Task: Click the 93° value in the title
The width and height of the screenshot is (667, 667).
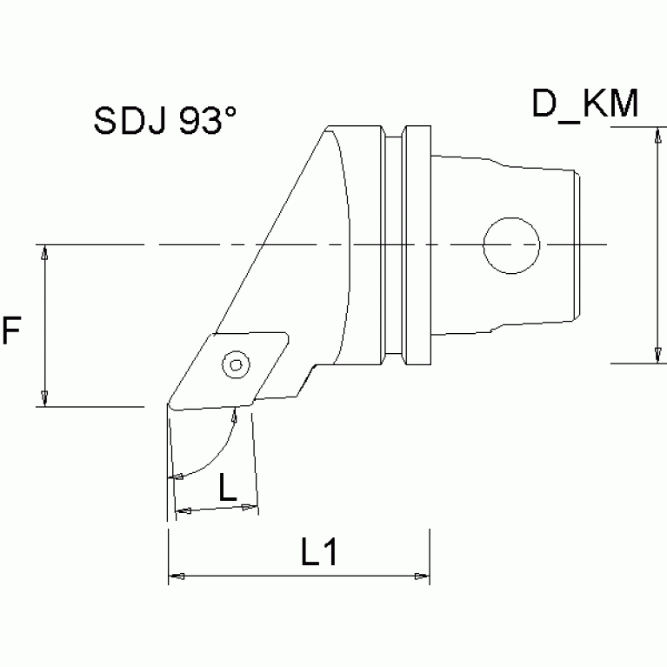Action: [x=208, y=122]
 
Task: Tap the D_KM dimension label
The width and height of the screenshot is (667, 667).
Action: [x=585, y=104]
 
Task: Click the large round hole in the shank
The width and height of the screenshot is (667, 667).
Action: [x=511, y=245]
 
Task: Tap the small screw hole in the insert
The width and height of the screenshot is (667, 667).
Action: [x=233, y=364]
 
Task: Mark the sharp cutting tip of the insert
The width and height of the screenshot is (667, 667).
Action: [x=168, y=405]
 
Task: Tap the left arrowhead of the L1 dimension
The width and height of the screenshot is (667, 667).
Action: [x=174, y=576]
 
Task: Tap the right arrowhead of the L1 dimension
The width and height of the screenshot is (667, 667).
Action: [x=422, y=576]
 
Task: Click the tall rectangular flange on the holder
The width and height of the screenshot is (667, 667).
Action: [x=417, y=245]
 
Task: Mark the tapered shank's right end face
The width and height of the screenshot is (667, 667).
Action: [x=577, y=245]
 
